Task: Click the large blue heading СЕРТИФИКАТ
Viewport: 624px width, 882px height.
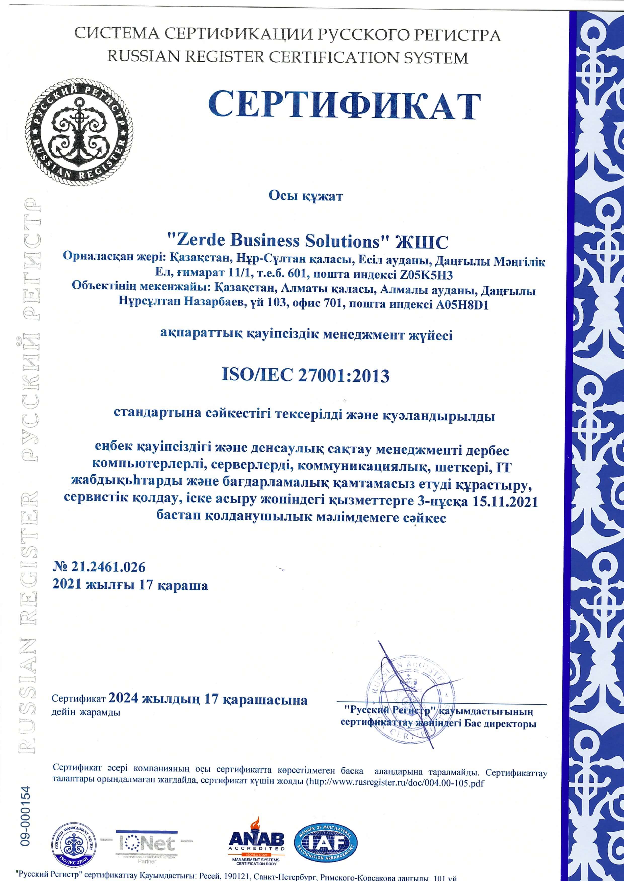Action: coord(344,106)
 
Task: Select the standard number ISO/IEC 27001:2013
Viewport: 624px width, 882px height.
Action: coord(306,375)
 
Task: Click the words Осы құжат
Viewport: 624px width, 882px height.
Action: coord(306,196)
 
